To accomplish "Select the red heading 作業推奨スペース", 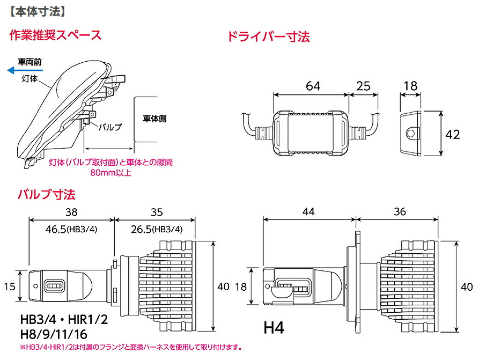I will (55, 36).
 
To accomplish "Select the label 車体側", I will (154, 118).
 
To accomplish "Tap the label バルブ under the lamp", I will (110, 127).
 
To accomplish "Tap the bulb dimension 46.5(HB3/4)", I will (72, 229).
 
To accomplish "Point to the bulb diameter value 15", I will (9, 287).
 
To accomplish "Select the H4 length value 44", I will (308, 211).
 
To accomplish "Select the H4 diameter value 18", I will (241, 287).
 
